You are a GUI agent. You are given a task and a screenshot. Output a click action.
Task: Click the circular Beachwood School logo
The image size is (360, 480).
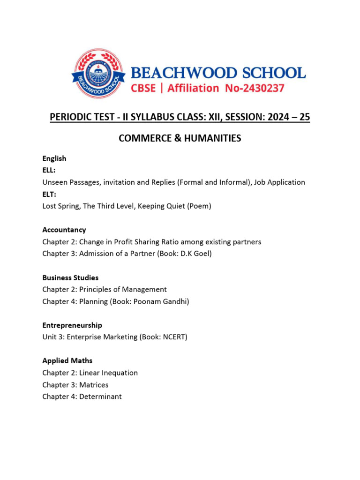(98, 74)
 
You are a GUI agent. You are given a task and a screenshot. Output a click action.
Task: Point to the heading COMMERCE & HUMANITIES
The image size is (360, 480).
(180, 138)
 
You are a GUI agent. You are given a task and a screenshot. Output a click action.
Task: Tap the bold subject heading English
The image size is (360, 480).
(54, 158)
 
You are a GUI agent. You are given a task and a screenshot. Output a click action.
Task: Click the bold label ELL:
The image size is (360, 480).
(49, 171)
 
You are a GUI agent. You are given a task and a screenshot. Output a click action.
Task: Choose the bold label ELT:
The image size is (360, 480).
(49, 195)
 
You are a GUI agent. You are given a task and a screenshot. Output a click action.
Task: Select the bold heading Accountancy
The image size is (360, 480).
(64, 230)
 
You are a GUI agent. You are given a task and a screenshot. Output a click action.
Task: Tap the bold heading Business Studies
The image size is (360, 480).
(70, 277)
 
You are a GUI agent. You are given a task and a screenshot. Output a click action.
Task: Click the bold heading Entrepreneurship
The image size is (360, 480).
(72, 325)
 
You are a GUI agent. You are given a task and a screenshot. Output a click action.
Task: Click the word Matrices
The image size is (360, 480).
(94, 385)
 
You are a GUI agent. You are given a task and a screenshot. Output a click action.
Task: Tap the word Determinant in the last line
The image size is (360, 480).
(100, 397)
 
